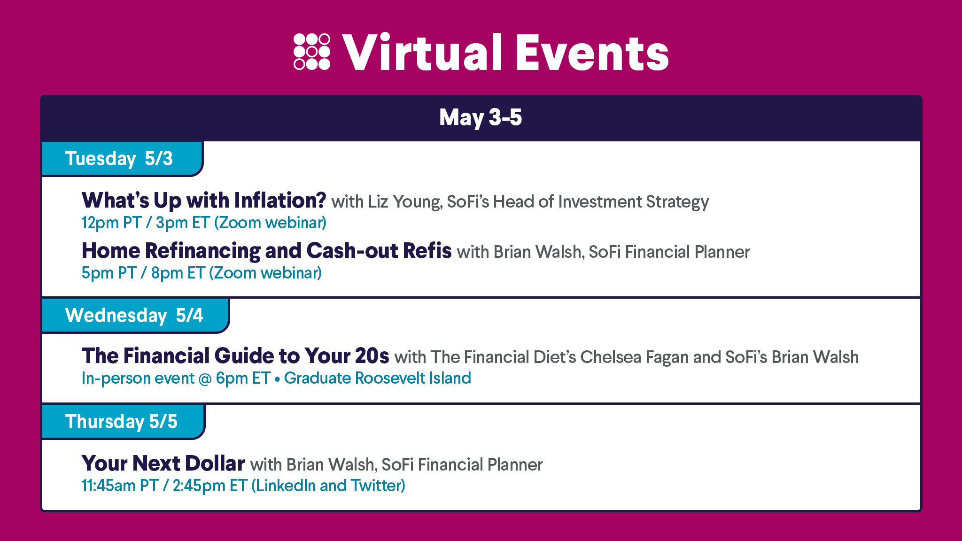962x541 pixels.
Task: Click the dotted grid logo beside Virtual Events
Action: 312,52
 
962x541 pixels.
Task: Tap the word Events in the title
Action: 592,53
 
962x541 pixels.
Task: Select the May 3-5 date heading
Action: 481,117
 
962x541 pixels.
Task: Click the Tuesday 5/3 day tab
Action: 122,159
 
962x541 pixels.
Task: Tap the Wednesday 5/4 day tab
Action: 135,316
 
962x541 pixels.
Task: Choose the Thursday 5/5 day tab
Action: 123,422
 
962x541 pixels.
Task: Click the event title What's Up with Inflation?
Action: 204,201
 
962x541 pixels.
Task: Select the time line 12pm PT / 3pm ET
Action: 146,223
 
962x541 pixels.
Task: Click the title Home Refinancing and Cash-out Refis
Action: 266,251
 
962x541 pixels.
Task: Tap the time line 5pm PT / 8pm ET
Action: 143,273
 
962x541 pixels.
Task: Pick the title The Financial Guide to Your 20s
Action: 235,356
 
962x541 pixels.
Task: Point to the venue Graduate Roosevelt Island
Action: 378,378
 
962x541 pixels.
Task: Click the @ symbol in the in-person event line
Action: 205,379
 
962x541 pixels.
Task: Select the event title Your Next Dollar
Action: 163,464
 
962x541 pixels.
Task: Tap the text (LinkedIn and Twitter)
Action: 328,486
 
